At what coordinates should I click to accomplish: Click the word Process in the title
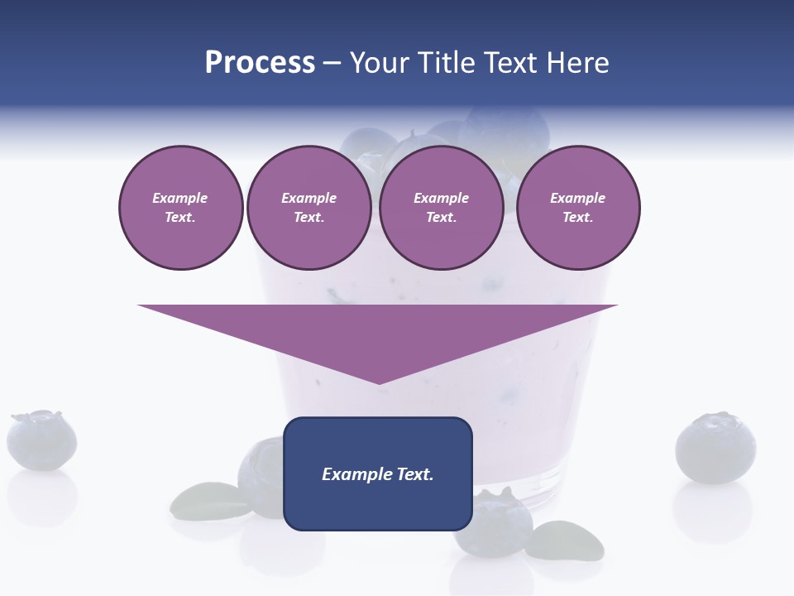(260, 63)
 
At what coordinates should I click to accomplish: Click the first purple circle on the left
(180, 208)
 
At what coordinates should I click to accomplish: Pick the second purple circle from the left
(309, 208)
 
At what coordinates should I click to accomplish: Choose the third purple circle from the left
(441, 208)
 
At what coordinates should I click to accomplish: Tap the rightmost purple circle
(577, 208)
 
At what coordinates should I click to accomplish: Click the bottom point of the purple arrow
(379, 383)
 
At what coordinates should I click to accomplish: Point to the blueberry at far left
(41, 440)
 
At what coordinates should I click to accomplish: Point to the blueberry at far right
(715, 448)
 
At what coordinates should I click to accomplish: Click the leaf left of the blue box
(203, 500)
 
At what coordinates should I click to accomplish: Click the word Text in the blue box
(415, 474)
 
